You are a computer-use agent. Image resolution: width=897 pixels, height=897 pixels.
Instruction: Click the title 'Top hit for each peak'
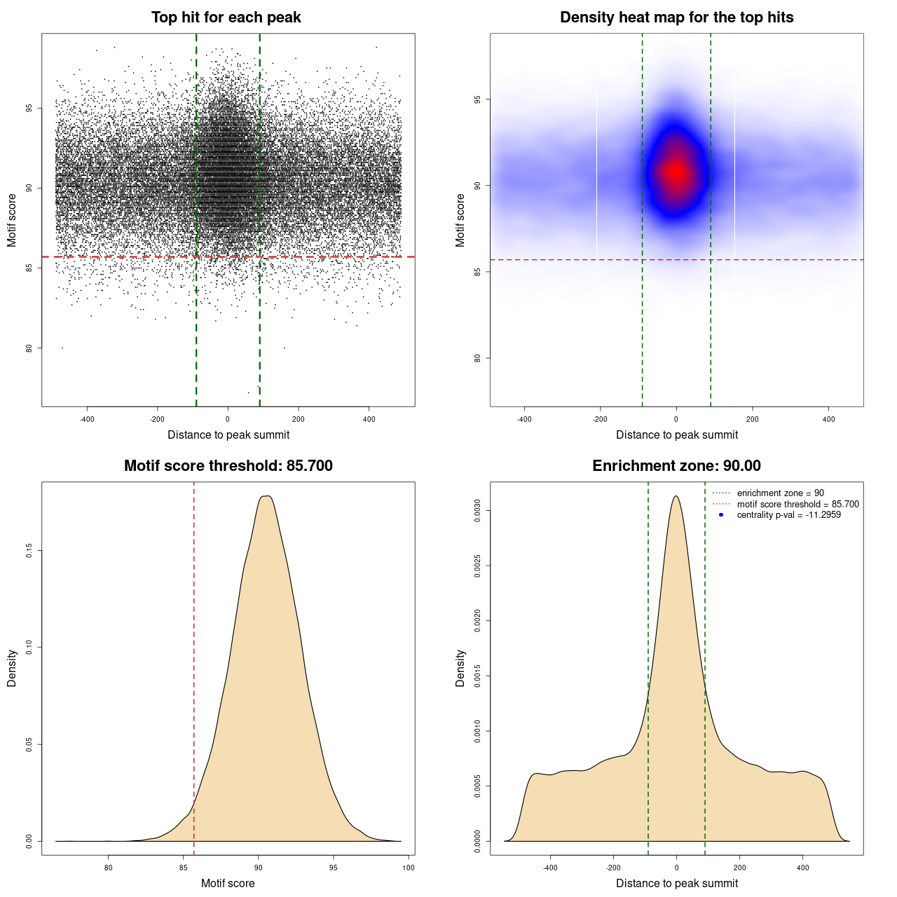226,18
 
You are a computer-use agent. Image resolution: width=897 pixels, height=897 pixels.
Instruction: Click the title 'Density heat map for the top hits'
676,18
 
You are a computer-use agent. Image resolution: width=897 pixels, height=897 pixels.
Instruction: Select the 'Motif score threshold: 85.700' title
228,466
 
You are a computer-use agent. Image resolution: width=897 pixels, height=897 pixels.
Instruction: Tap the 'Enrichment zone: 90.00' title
676,466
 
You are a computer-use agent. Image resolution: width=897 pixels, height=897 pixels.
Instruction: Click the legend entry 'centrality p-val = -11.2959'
788,515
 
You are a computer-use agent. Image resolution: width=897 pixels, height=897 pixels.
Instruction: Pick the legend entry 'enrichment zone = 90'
780,493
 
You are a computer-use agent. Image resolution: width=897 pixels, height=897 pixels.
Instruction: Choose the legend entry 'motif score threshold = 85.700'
797,505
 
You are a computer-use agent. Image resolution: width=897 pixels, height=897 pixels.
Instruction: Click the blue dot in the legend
721,515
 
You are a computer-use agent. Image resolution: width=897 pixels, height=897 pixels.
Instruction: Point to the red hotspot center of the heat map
676,171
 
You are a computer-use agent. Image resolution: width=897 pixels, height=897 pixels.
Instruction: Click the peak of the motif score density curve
266,496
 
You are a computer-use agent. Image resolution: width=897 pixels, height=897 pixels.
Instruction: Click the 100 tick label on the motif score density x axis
409,868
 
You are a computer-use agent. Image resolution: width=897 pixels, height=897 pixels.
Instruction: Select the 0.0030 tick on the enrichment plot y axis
477,511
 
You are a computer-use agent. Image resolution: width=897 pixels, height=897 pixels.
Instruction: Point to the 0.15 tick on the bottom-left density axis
29,552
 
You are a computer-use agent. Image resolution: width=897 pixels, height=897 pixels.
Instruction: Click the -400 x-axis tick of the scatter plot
87,419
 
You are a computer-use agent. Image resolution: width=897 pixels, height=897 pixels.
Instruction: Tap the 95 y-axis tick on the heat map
477,100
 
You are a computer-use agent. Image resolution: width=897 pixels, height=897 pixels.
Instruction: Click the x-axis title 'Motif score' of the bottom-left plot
228,883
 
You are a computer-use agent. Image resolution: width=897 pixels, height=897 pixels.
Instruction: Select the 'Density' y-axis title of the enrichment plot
460,668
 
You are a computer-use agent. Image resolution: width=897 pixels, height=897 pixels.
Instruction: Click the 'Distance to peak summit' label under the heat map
676,434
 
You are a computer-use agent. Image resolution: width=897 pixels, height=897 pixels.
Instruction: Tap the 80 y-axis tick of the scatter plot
29,348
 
